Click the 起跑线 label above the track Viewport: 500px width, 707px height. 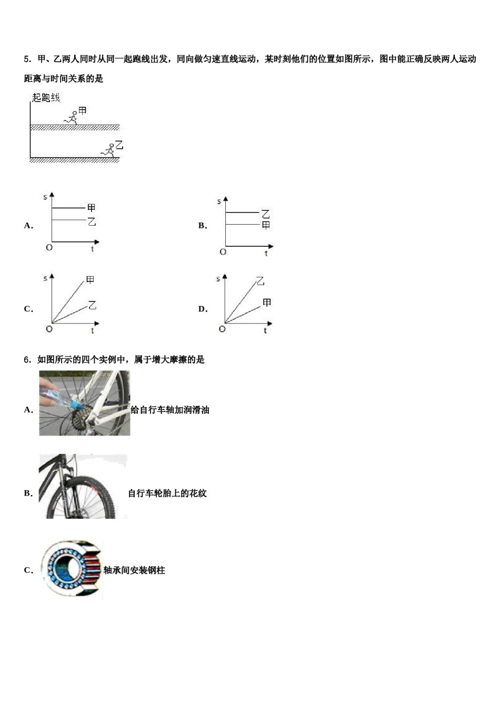46,98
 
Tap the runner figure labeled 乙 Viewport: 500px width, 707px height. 109,150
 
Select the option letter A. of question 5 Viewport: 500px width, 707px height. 28,226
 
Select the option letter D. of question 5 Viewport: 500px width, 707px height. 203,309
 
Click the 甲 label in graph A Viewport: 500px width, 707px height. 92,208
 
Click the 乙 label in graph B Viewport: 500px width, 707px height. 266,214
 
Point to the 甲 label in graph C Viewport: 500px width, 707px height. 90,280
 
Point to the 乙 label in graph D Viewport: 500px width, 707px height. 260,281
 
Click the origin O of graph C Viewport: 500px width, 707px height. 49,329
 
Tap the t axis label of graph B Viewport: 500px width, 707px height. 266,254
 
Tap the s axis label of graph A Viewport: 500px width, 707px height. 45,197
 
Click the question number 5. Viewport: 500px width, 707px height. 26,59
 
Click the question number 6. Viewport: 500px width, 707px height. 26,360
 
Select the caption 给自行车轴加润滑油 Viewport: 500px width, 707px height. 169,410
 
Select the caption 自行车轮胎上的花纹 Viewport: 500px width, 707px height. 167,493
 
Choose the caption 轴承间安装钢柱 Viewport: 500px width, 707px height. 134,570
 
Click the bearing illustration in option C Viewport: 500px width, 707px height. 71,570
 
